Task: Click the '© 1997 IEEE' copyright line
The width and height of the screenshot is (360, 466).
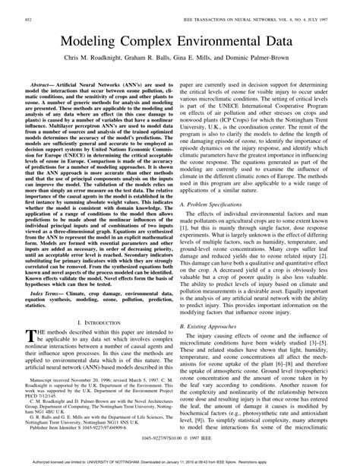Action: pos(180,449)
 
